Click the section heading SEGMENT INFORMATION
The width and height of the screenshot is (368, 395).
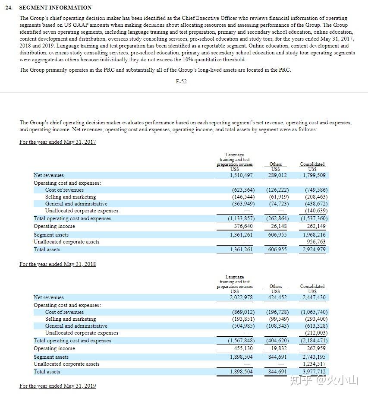[x=55, y=7]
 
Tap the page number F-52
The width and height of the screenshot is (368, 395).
[x=182, y=81]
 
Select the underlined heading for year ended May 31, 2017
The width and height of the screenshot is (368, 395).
[x=57, y=142]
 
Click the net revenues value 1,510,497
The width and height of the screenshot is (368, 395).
[x=241, y=175]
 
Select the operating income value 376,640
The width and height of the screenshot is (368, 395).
[x=243, y=226]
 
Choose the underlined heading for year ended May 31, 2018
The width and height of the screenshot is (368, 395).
[x=57, y=264]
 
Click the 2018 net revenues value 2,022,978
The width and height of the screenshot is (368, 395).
[x=241, y=297]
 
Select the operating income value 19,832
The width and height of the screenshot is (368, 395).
[x=279, y=348]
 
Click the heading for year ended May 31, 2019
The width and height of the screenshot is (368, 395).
[x=57, y=386]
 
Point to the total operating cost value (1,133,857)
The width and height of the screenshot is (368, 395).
[x=241, y=218]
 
